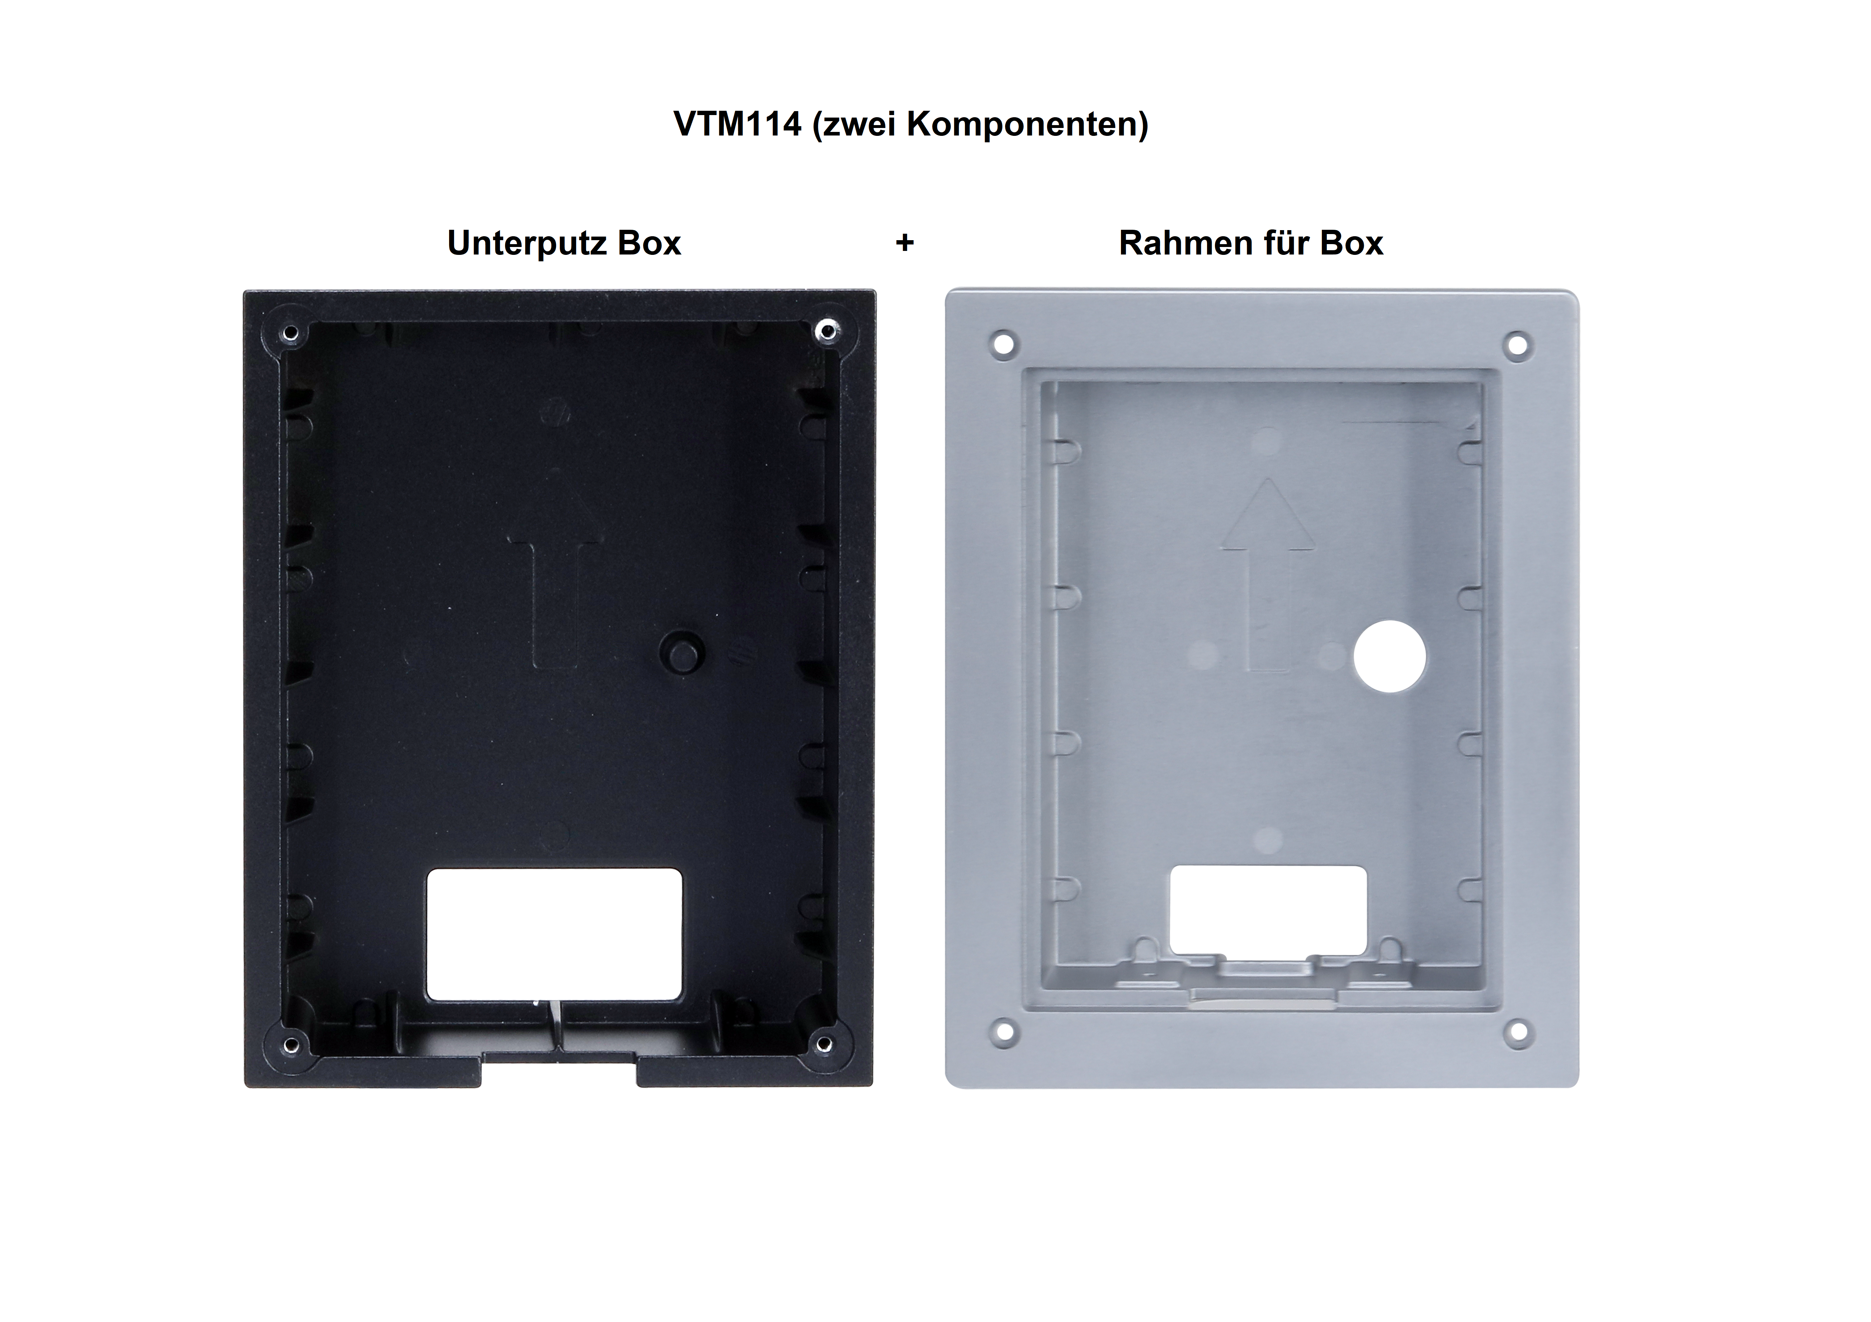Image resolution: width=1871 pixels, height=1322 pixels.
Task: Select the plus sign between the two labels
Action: (x=905, y=243)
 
